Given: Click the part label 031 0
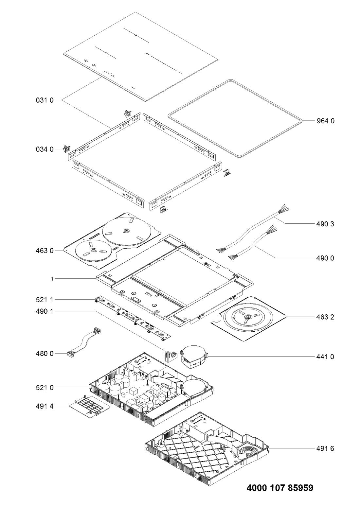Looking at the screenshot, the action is (x=45, y=100).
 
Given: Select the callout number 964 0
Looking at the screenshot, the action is (x=325, y=121).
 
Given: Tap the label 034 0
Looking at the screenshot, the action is (x=45, y=149).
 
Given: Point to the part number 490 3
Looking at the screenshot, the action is (x=325, y=224).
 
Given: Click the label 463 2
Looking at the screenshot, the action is (x=325, y=317).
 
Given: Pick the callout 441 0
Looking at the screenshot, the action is (x=325, y=357).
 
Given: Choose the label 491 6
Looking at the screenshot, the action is (x=325, y=448).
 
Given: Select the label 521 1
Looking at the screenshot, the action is (x=45, y=300).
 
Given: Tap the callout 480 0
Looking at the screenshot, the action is (x=45, y=354).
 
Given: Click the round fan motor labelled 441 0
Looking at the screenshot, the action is (x=194, y=357).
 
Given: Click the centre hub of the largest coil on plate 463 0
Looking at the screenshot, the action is (x=126, y=231).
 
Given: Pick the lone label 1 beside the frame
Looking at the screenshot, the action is (x=52, y=279).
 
